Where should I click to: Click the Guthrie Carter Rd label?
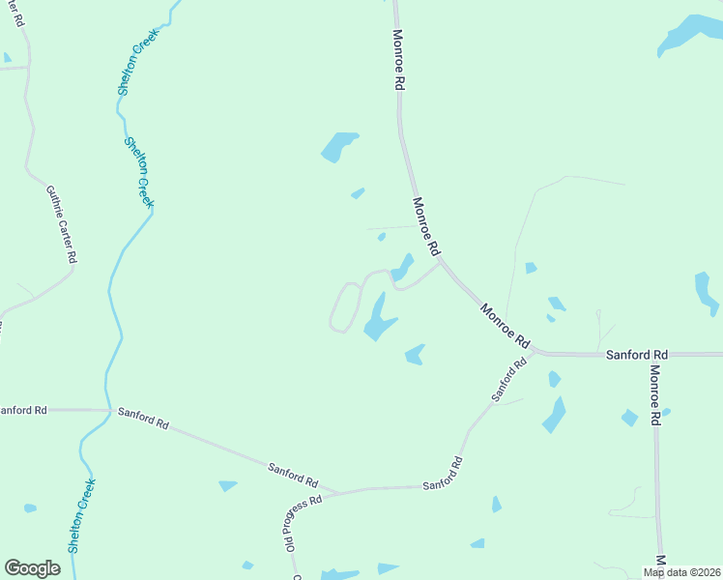click(61, 225)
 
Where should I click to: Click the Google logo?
click(32, 568)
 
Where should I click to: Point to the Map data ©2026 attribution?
click(681, 572)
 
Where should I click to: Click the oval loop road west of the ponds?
click(344, 307)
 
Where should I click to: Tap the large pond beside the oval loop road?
click(378, 319)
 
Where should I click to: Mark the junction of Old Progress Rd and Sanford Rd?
click(333, 493)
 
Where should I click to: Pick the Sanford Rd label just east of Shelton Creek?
click(143, 418)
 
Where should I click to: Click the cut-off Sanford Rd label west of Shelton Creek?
click(21, 410)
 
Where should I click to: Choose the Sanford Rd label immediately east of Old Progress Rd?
click(443, 474)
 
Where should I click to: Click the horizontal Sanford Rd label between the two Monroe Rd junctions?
click(637, 355)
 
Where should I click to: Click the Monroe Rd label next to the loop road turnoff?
click(425, 224)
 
